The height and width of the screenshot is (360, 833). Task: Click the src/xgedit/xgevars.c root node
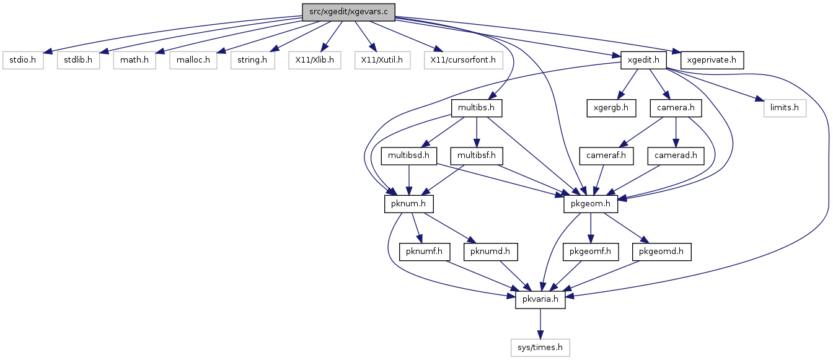click(348, 12)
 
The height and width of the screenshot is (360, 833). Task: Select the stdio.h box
click(23, 60)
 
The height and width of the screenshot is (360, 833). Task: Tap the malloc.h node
click(193, 60)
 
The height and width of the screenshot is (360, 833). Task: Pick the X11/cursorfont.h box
click(463, 60)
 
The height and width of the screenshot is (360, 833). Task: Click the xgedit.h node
click(643, 60)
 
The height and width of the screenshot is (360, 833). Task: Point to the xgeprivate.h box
click(712, 60)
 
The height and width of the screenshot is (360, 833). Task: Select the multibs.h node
click(477, 108)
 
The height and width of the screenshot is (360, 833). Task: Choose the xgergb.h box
click(611, 108)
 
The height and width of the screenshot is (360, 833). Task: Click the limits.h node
click(785, 108)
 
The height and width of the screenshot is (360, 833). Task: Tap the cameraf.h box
click(606, 156)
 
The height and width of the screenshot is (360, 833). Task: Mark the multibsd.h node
click(408, 156)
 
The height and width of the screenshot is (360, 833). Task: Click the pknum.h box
click(408, 204)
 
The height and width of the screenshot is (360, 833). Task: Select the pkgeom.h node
click(591, 204)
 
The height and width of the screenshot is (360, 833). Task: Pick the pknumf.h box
click(425, 252)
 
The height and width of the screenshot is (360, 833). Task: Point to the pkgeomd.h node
click(661, 252)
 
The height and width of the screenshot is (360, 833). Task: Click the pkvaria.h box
click(540, 300)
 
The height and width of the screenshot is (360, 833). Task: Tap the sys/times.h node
click(540, 348)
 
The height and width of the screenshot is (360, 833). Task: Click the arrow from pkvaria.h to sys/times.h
click(540, 324)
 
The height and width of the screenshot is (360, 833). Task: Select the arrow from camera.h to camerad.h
click(676, 132)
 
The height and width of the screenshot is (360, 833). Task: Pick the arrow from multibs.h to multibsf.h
click(477, 132)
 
